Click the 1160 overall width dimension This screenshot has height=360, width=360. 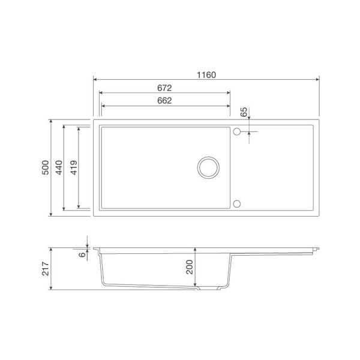tap(206, 76)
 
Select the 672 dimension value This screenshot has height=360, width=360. tap(166, 88)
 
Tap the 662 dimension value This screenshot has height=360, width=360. tap(166, 100)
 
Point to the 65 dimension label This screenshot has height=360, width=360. tap(244, 112)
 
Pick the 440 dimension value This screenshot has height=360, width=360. tap(59, 167)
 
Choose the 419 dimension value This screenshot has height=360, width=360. tap(73, 167)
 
